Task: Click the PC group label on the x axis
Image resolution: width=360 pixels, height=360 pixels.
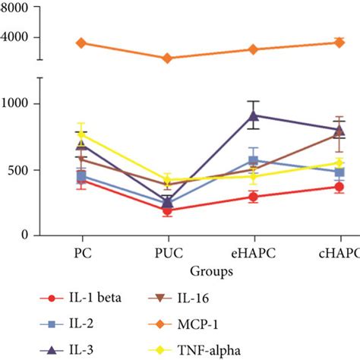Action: [81, 251]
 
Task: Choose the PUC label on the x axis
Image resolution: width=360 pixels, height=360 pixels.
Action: [167, 251]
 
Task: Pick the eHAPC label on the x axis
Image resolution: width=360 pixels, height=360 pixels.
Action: [253, 251]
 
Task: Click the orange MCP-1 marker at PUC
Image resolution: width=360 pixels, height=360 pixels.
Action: [167, 58]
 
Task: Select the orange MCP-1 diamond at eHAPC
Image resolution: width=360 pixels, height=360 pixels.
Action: [253, 49]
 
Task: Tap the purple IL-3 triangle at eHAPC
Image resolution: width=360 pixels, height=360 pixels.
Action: [253, 116]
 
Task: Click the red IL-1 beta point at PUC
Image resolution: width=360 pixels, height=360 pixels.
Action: [167, 210]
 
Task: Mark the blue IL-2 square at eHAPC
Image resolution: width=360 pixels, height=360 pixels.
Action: [253, 161]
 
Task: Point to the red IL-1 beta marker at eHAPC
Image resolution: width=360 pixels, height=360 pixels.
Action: [253, 197]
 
